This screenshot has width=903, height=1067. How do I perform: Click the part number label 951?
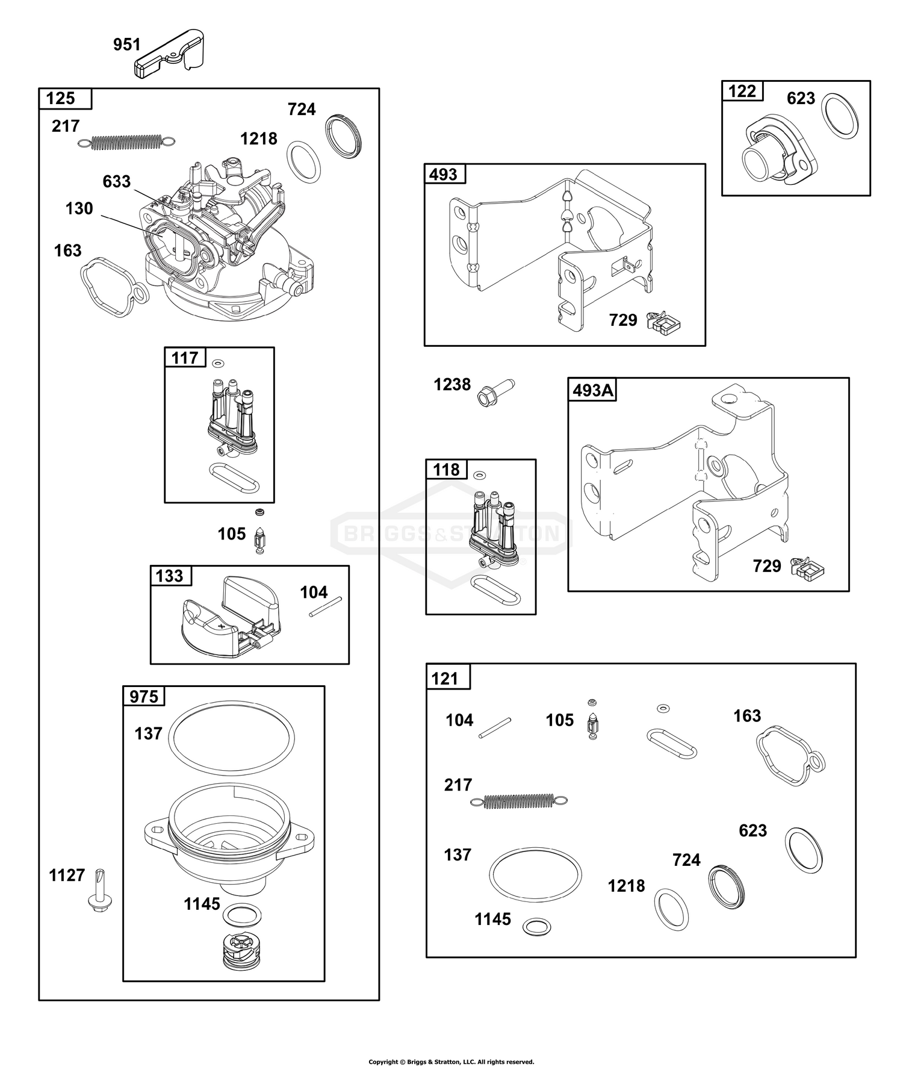(127, 45)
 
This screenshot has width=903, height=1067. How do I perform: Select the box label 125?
(61, 98)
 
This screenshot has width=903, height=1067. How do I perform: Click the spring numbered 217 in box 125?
(127, 143)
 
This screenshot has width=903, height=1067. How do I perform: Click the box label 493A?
(593, 390)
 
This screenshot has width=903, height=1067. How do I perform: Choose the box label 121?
(445, 679)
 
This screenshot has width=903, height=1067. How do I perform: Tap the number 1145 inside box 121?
(492, 919)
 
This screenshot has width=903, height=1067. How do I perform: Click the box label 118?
(446, 470)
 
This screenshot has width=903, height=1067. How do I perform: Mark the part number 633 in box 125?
(117, 181)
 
